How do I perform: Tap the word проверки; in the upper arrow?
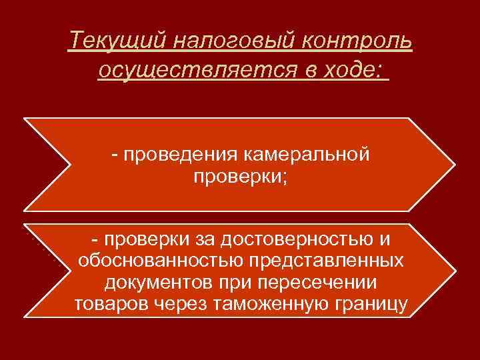tap(241, 177)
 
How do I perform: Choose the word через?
tap(183, 305)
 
